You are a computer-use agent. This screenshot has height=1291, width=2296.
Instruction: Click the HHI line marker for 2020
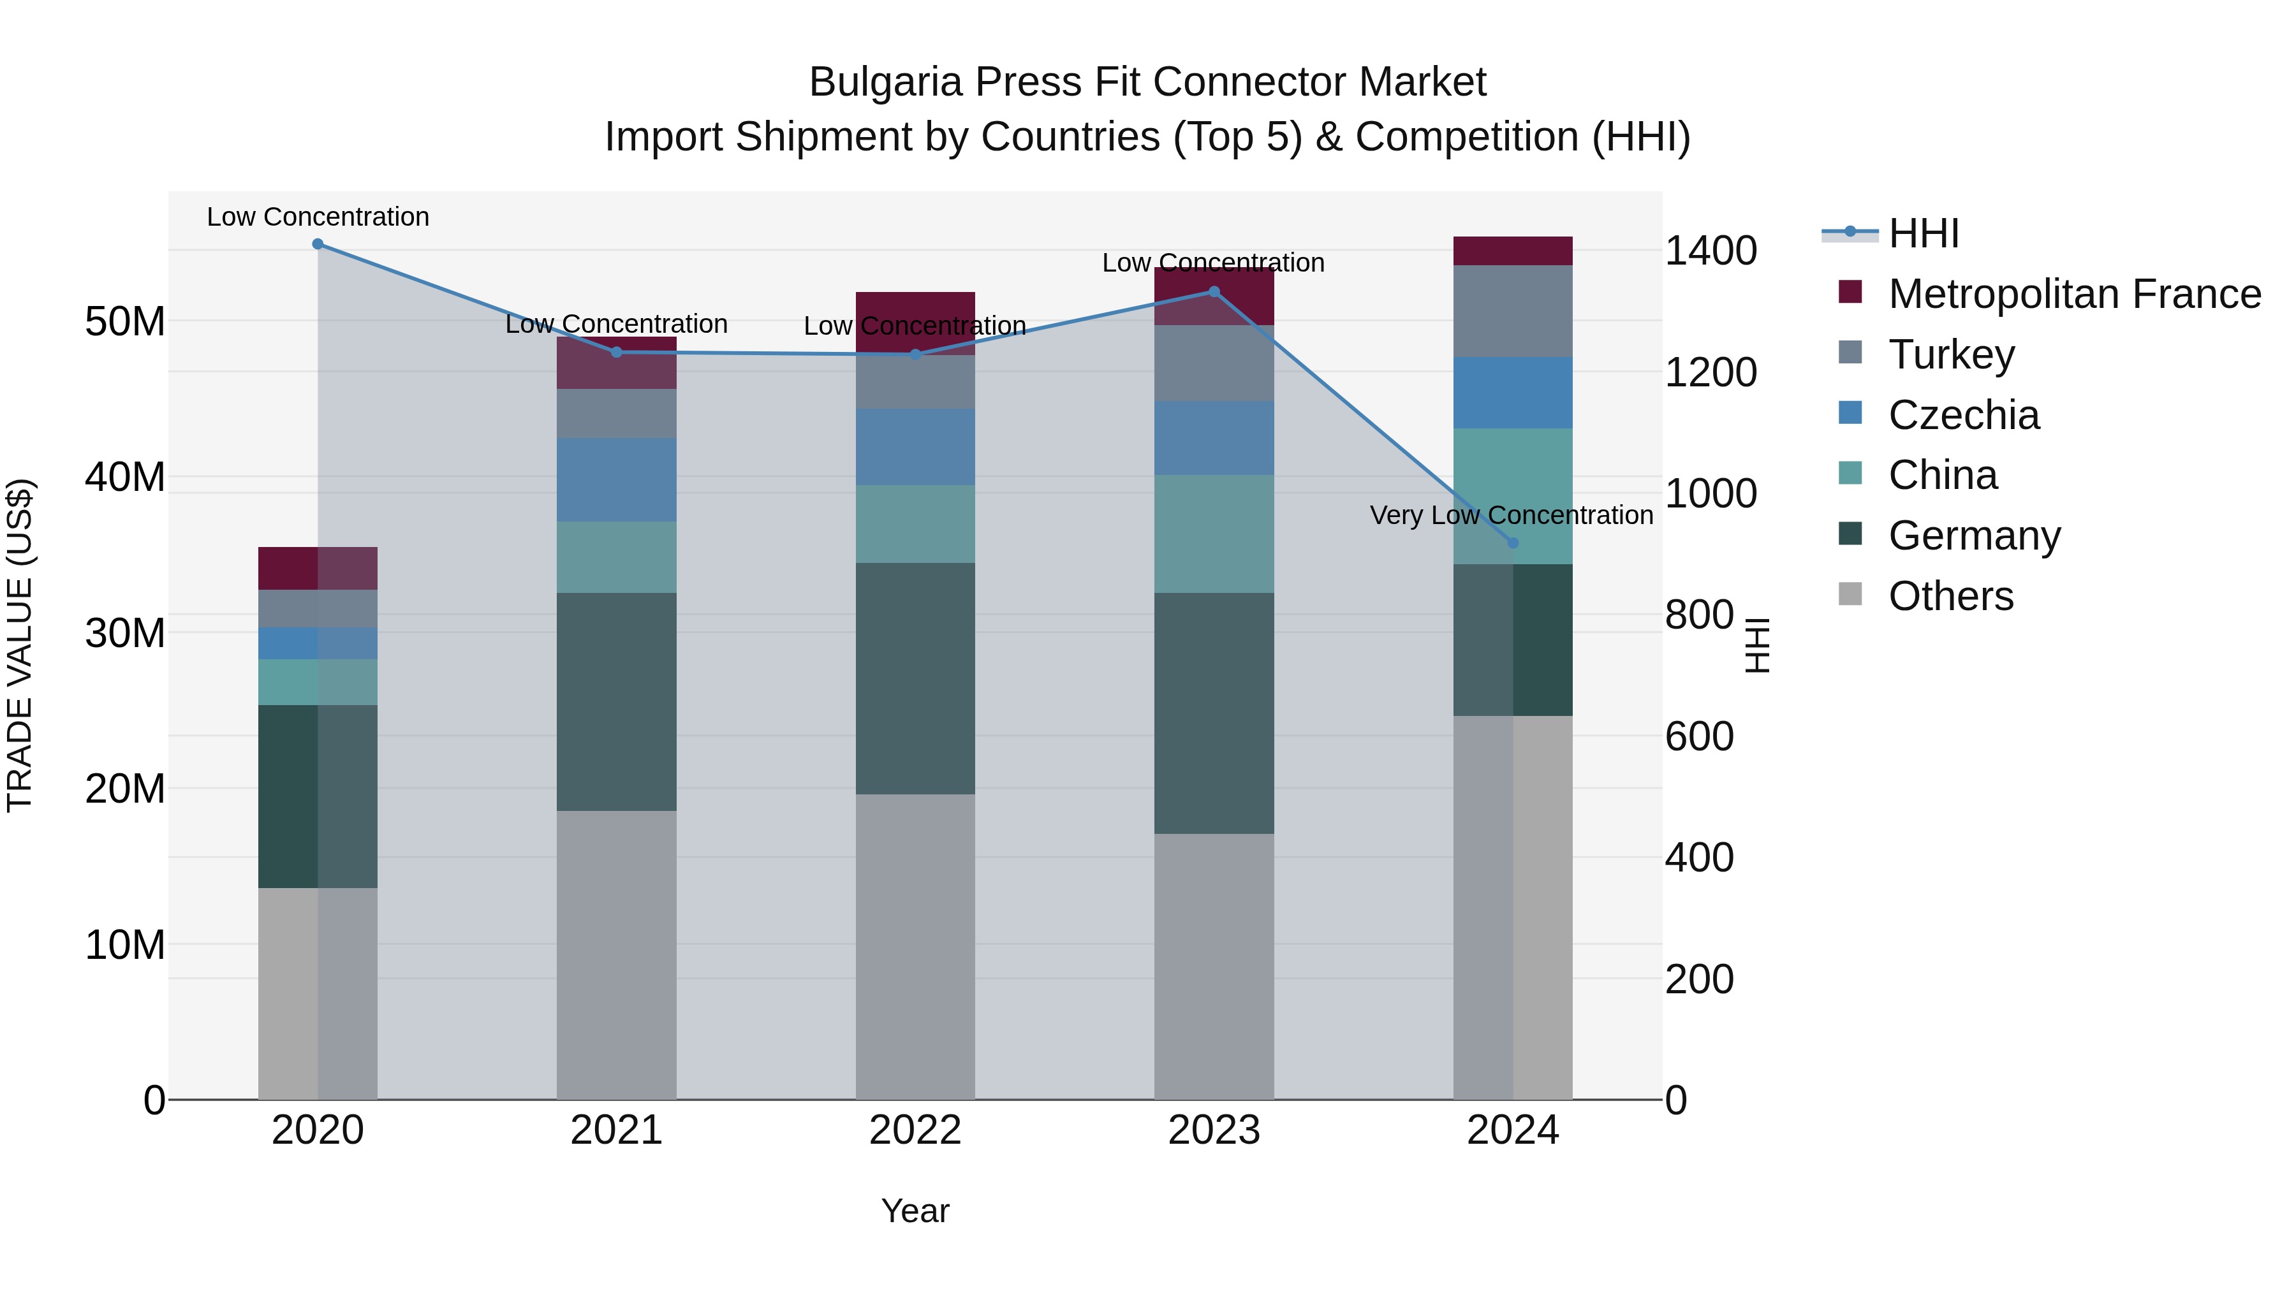tap(318, 244)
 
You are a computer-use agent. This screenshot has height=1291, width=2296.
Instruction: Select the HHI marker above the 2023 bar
tap(1213, 291)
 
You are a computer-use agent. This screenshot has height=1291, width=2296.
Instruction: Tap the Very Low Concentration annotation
tap(1511, 515)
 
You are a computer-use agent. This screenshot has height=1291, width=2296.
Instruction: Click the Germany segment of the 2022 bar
tap(915, 678)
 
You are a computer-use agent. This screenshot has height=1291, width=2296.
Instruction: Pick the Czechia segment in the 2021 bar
tap(616, 479)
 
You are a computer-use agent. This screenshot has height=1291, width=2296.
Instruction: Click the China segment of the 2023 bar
tap(1213, 534)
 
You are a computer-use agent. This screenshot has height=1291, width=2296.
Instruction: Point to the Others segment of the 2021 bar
tap(616, 954)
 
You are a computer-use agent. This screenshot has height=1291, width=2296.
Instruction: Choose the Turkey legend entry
tap(1950, 354)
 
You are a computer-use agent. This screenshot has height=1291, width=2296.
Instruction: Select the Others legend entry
tap(1950, 596)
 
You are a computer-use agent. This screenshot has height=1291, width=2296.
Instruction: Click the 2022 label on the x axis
tap(915, 1130)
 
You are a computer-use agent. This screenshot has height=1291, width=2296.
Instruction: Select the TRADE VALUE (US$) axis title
tap(20, 645)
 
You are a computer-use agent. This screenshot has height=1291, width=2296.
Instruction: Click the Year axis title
tap(915, 1211)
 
